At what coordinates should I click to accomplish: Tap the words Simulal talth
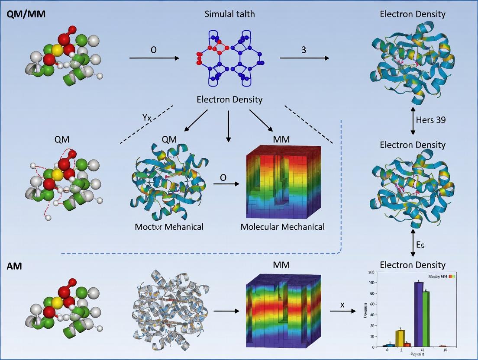tap(229, 14)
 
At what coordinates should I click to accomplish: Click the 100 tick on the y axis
tap(371, 272)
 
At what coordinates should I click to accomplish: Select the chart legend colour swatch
tap(452, 276)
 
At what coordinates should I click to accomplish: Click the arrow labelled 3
tap(304, 58)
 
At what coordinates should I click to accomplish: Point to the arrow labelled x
tap(342, 311)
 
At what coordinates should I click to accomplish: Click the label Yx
tap(147, 117)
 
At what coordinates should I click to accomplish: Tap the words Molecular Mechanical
tap(282, 227)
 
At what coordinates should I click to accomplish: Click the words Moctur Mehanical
tap(169, 227)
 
